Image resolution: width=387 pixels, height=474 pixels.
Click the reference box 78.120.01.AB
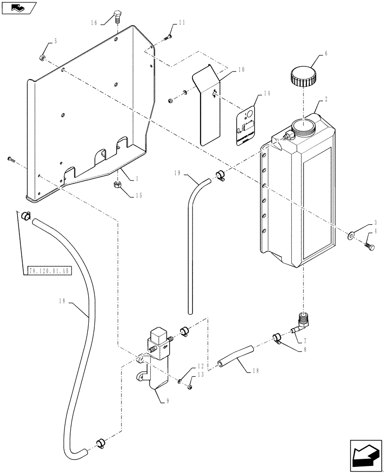click(48, 271)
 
